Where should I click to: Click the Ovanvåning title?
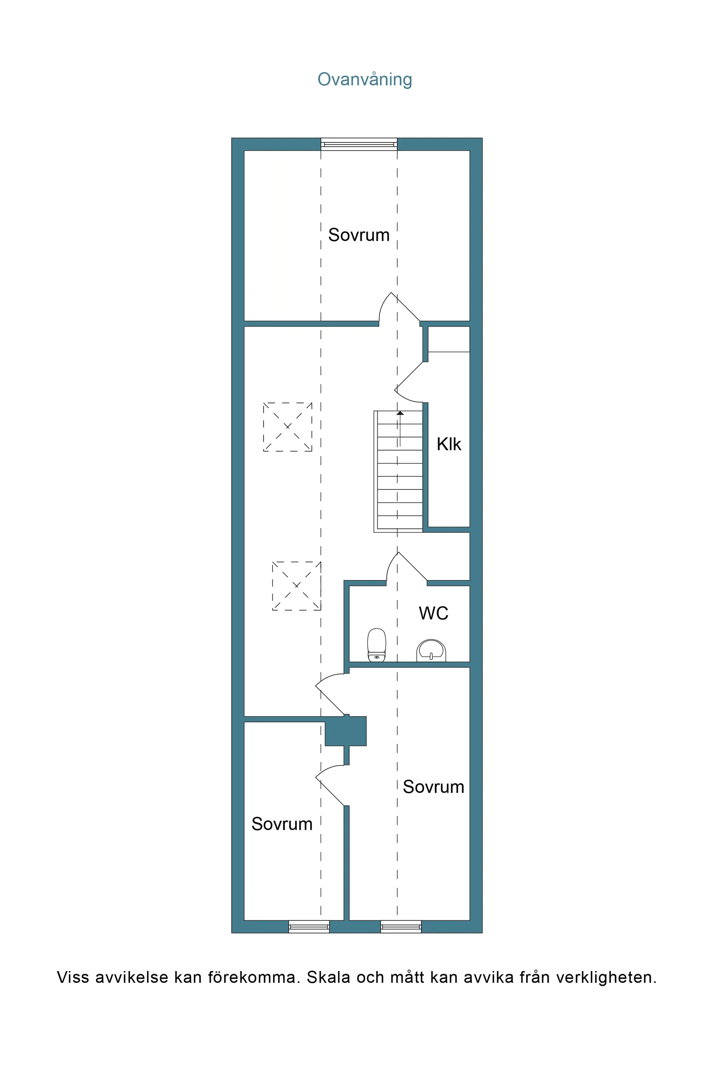(x=364, y=80)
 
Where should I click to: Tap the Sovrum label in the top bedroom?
(x=359, y=235)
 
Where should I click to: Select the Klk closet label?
(x=449, y=444)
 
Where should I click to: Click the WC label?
(x=434, y=613)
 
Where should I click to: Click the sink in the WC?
(x=431, y=650)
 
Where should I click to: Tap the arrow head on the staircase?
(x=400, y=413)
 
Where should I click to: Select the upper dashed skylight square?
(x=287, y=427)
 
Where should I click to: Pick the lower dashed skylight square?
(x=296, y=585)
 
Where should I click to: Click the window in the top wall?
(x=359, y=145)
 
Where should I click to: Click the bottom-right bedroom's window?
(x=401, y=926)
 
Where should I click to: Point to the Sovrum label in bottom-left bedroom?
(x=282, y=824)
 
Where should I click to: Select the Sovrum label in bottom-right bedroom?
(x=433, y=787)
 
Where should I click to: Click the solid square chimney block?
(x=346, y=731)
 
